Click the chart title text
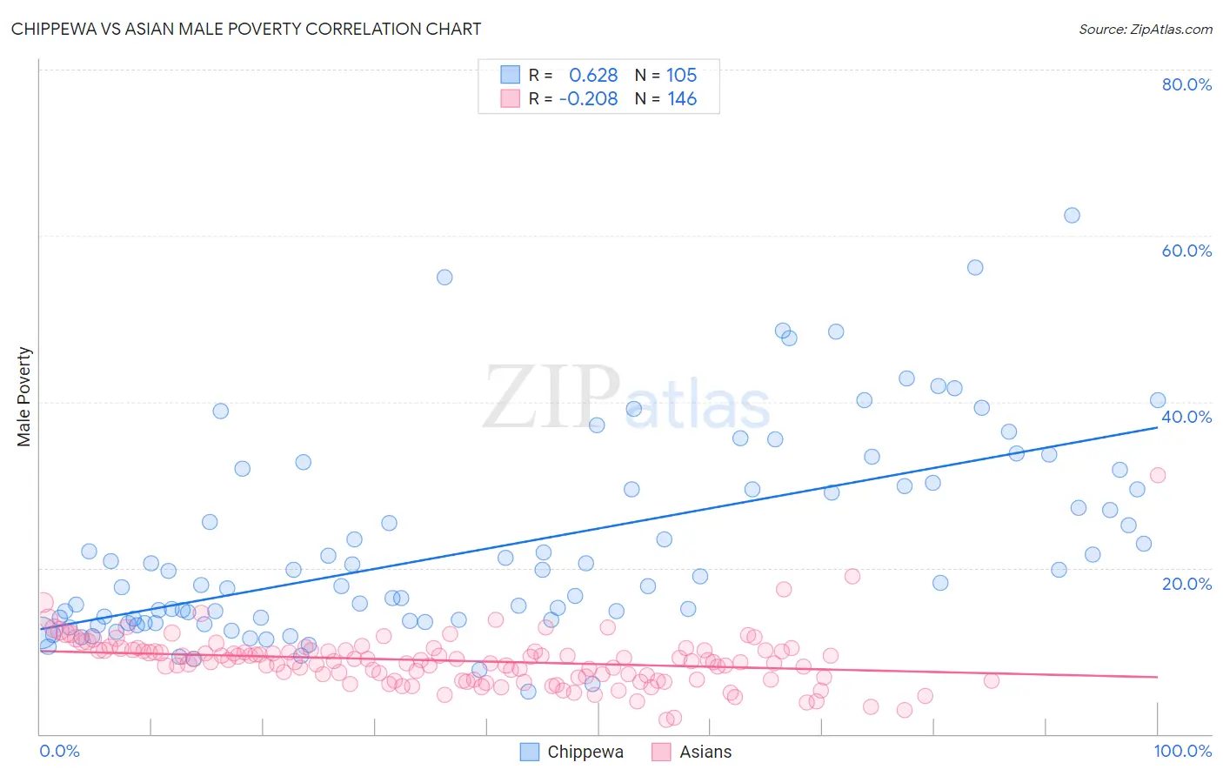[x=245, y=29]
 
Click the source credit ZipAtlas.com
[x=1145, y=29]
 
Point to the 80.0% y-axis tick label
[x=1186, y=84]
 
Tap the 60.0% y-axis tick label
[x=1186, y=251]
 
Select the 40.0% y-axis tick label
[x=1186, y=417]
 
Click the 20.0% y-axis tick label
[x=1186, y=584]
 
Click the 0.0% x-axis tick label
[x=59, y=751]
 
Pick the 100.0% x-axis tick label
[x=1182, y=751]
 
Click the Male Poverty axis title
[x=24, y=397]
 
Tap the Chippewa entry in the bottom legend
[x=585, y=752]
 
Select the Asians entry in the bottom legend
[x=705, y=752]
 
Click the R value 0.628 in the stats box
[x=593, y=76]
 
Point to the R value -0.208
[x=589, y=99]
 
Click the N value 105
[x=682, y=76]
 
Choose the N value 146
[x=682, y=99]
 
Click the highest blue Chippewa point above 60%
[x=1072, y=215]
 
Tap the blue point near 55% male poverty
[x=444, y=278]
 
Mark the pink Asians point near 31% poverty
[x=1158, y=475]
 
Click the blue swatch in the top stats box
[x=510, y=76]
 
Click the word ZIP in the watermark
[x=551, y=398]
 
